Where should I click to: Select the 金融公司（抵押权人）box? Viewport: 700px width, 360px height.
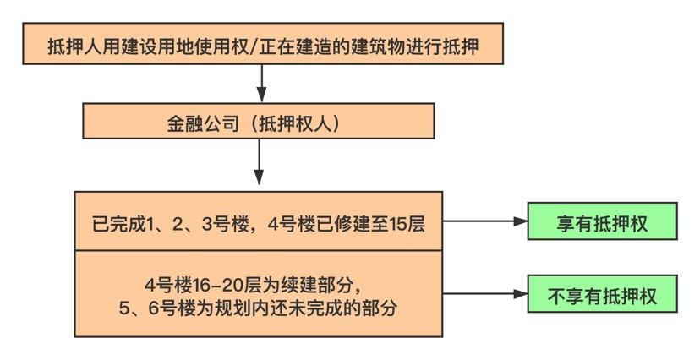point(258,121)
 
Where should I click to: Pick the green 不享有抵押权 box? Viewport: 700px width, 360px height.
point(602,296)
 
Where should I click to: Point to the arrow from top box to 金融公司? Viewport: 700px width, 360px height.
point(263,84)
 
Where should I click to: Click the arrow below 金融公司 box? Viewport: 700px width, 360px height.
point(259,162)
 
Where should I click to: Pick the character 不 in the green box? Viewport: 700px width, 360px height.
point(555,297)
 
